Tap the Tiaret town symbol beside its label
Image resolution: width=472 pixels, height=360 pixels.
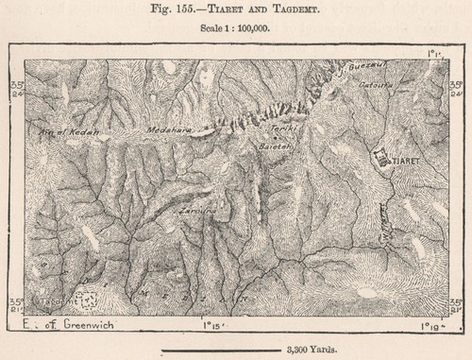tap(381, 158)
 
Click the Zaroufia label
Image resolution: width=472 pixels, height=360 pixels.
tap(194, 213)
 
